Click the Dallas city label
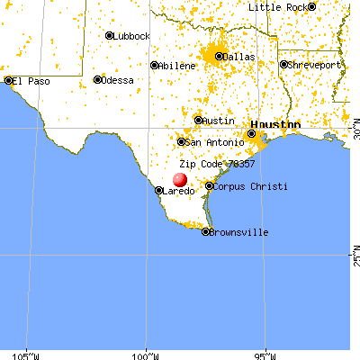239,57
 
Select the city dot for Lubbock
109,36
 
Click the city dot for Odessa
97,79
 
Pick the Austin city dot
199,120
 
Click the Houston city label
274,123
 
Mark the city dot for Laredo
159,191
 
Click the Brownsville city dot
206,231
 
